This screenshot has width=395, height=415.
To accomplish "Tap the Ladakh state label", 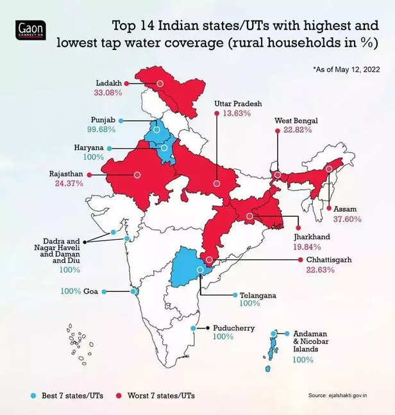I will (108, 83).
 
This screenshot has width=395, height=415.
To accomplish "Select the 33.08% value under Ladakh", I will (108, 93).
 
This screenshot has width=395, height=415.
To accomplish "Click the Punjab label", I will (103, 120).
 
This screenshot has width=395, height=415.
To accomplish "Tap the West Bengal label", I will (296, 121).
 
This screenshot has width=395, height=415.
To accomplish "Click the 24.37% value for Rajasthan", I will (66, 183).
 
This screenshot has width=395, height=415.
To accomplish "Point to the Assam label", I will (346, 209).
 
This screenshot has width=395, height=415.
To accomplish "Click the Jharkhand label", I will (312, 237).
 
